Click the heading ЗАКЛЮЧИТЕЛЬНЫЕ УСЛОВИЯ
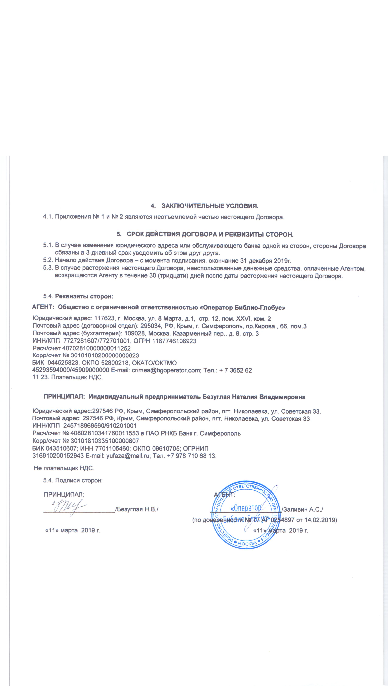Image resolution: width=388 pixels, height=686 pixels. (210, 206)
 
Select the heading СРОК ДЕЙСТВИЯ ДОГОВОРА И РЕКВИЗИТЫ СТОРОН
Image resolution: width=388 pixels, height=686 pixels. (210, 235)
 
